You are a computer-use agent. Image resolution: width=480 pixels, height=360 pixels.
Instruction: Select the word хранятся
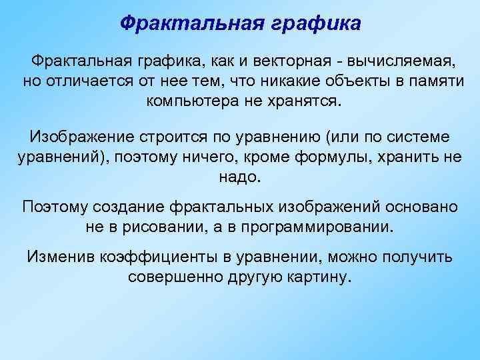[310, 102]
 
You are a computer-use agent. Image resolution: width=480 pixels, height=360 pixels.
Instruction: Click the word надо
[241, 177]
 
